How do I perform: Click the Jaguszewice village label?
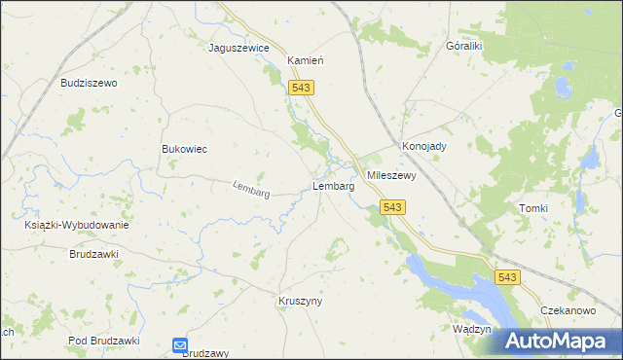point(238,47)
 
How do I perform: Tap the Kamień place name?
point(305,60)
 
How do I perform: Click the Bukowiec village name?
point(184,149)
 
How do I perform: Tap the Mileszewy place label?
point(391,176)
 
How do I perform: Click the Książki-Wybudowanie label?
point(77,225)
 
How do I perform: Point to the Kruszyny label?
point(300,302)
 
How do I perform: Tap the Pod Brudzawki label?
point(105,341)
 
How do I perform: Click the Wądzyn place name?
point(471,329)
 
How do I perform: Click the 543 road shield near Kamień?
point(301,88)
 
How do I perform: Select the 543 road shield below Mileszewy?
point(392,207)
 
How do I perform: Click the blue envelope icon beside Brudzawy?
point(180,344)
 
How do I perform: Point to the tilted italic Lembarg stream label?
point(251,190)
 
